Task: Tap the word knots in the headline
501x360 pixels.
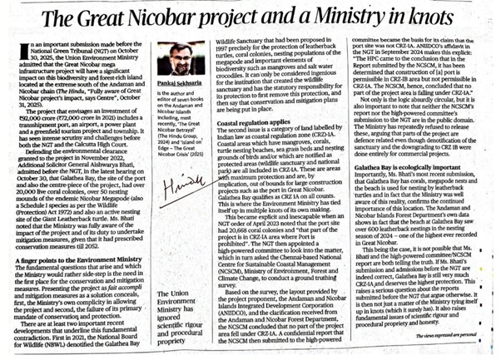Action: coord(449,18)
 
